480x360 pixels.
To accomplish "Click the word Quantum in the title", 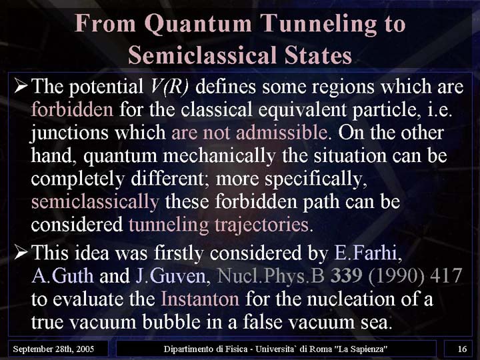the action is coord(198,24).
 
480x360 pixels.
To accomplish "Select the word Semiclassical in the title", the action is coord(203,55).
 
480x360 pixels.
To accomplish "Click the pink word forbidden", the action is coord(72,109).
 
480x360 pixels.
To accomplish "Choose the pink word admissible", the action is coord(281,133).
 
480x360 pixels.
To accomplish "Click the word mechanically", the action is coord(219,157).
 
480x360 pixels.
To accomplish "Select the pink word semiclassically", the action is coord(95,203).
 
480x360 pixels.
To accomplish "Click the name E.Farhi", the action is coord(366,253).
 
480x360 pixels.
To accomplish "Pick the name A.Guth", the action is coord(63,276).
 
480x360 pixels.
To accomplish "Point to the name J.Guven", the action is coord(171,276).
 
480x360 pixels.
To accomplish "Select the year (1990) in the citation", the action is coord(396,276).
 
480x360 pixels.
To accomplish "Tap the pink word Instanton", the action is coord(200,299).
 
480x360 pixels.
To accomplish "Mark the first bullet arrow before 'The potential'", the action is coord(21,85).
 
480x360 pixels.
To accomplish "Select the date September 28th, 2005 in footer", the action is coord(53,349).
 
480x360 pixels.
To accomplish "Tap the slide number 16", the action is coord(462,349).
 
